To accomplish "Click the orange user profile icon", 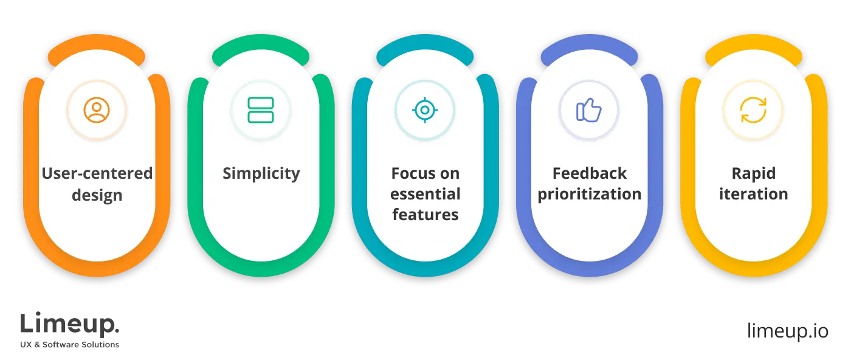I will [x=97, y=110].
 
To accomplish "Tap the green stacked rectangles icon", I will [x=261, y=110].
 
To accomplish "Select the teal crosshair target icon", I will [x=425, y=110].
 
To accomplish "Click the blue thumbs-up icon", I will [x=588, y=110].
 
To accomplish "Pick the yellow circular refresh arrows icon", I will [x=753, y=110].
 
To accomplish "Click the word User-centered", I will [x=97, y=173].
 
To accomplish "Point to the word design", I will [x=97, y=195].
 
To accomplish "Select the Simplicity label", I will [x=261, y=173].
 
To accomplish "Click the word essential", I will [x=425, y=194].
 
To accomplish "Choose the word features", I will [x=425, y=215].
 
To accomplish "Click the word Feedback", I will [x=589, y=173].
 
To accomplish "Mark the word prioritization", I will [x=589, y=194].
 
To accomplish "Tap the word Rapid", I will [x=753, y=173].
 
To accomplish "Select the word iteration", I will [x=753, y=194].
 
